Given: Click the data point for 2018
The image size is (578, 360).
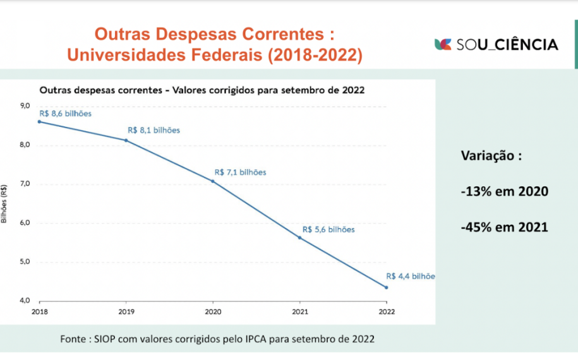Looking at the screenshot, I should point(39,121).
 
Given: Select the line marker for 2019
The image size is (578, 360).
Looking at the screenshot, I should point(126,140).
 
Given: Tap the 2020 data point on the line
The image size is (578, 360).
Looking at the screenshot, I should point(213,181).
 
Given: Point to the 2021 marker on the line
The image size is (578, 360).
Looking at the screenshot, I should point(299,237).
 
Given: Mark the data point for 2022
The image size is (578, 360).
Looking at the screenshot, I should point(386,287).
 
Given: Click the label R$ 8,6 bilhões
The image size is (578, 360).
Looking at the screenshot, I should point(65,114).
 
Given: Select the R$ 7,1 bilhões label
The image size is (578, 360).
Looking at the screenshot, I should point(240,172).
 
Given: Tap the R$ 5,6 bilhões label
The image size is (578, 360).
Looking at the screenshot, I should point(328,229).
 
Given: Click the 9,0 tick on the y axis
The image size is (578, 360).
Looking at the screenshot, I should point(25,106).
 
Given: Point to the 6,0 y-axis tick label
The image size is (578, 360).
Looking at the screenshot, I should point(25,223).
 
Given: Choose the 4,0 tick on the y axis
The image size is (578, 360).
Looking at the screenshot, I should point(25,301).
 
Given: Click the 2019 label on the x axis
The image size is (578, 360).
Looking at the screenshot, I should point(126,311).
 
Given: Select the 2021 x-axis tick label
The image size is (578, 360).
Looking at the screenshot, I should point(299,311).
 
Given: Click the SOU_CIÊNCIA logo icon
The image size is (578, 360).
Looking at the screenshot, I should point(443,44).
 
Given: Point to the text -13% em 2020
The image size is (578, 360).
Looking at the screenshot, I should point(504,191).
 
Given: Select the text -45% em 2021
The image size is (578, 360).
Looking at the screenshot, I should point(504,226).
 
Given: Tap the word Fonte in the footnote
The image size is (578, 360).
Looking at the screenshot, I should point(74,339).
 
